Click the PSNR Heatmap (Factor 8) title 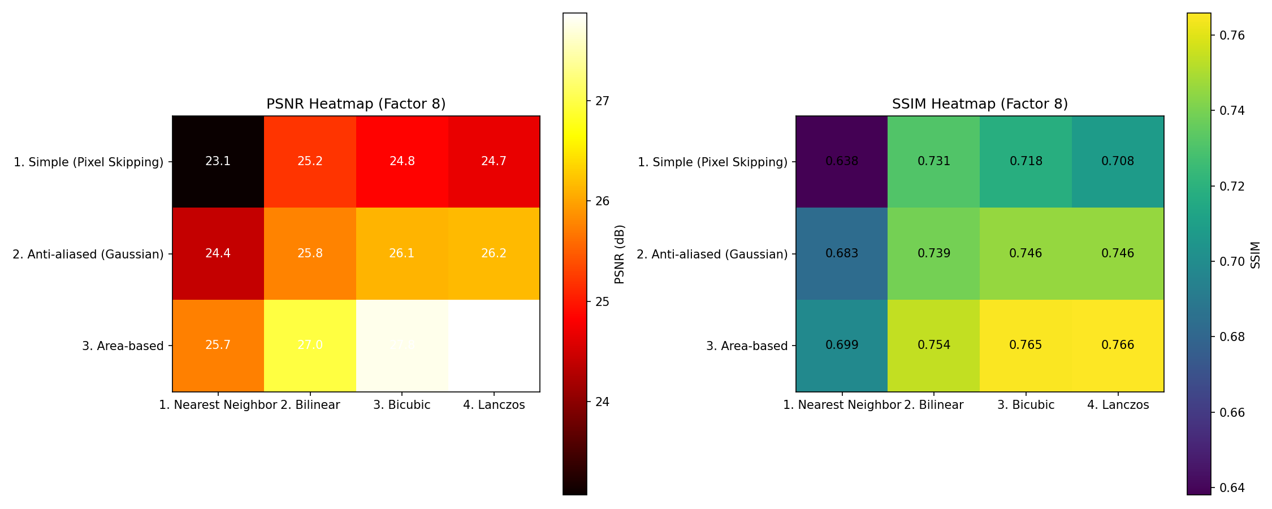(356, 104)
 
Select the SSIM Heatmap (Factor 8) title (980, 104)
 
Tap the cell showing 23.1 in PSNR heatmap (218, 162)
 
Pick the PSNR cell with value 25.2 (310, 162)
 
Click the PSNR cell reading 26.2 (494, 253)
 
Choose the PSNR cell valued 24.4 (218, 253)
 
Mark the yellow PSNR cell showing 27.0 (310, 345)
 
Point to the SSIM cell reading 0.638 (842, 162)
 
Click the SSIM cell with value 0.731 (934, 162)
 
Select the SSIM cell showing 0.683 (842, 253)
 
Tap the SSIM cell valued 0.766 (1118, 345)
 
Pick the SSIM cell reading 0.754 (934, 345)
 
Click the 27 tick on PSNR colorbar (602, 101)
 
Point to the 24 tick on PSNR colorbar (602, 402)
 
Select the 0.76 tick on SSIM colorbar (1232, 36)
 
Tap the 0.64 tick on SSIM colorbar (1232, 488)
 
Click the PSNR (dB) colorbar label (620, 254)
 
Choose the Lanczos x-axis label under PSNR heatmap (494, 405)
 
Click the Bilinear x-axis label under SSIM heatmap (934, 405)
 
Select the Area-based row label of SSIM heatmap (746, 346)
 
